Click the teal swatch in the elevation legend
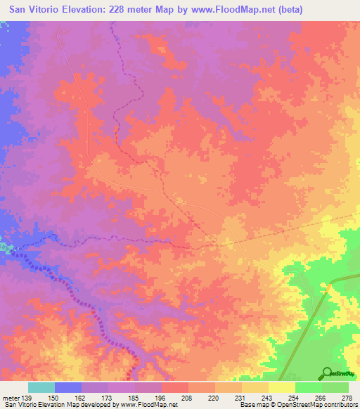[41, 387]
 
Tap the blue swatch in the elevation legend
[68, 387]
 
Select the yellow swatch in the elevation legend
[282, 387]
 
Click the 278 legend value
[346, 398]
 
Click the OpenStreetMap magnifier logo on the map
[327, 373]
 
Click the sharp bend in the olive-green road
[329, 285]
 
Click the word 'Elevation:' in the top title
[91, 11]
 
